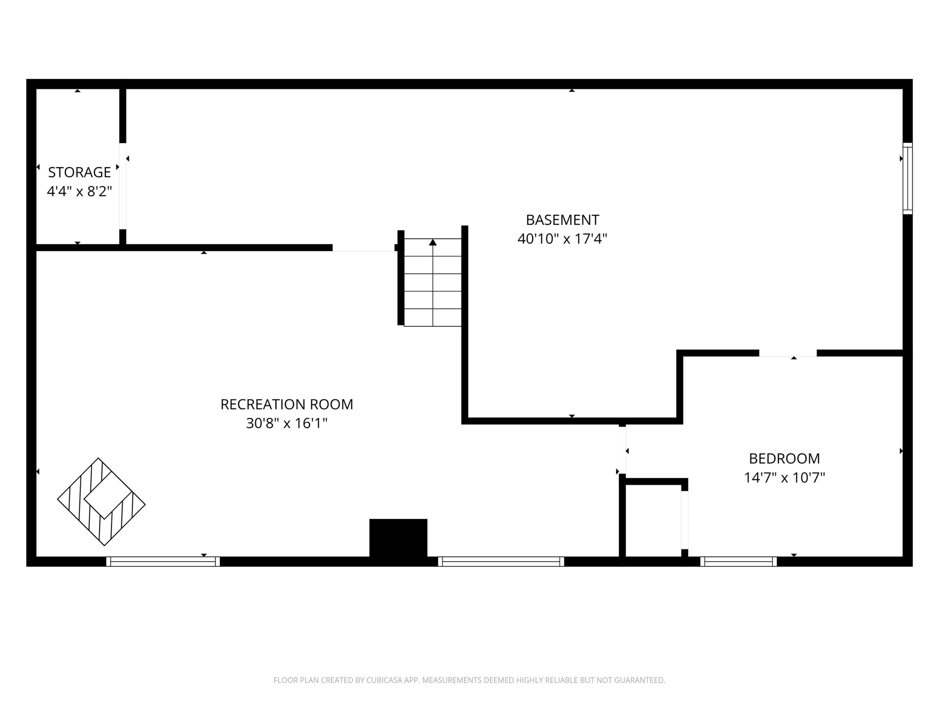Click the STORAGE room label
click(x=79, y=172)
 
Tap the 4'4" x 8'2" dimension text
click(x=79, y=191)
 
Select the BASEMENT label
click(x=562, y=220)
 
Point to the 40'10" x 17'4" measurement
click(x=562, y=239)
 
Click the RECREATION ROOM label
click(x=286, y=404)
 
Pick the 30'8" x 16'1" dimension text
click(x=286, y=423)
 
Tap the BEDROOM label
click(x=785, y=458)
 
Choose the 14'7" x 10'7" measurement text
click(x=785, y=477)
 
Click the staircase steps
click(x=432, y=282)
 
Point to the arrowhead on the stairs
click(x=432, y=242)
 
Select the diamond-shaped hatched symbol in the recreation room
click(x=102, y=502)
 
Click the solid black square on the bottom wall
click(x=398, y=538)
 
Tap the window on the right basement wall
click(x=907, y=178)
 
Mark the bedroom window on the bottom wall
click(x=738, y=561)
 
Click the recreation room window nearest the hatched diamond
click(x=163, y=561)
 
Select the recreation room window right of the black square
click(x=501, y=561)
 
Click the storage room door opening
click(x=123, y=186)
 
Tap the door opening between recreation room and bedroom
click(x=622, y=450)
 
